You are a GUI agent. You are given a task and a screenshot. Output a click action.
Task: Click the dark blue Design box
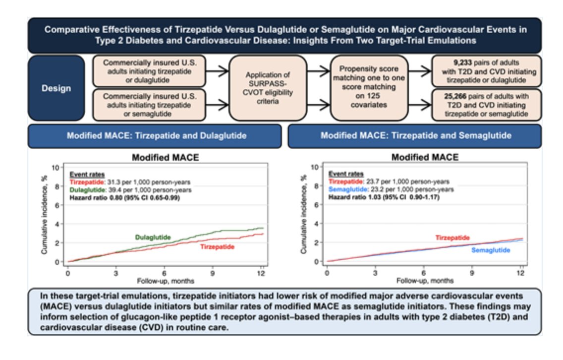56,89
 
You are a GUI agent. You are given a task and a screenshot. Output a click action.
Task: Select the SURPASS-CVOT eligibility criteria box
268,88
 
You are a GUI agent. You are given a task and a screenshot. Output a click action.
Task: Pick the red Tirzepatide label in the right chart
452,238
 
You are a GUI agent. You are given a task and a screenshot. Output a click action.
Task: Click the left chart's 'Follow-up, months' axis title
164,281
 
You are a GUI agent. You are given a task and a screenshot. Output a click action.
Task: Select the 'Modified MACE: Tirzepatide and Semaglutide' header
415,135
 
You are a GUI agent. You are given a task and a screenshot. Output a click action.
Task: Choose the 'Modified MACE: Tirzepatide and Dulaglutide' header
154,135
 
